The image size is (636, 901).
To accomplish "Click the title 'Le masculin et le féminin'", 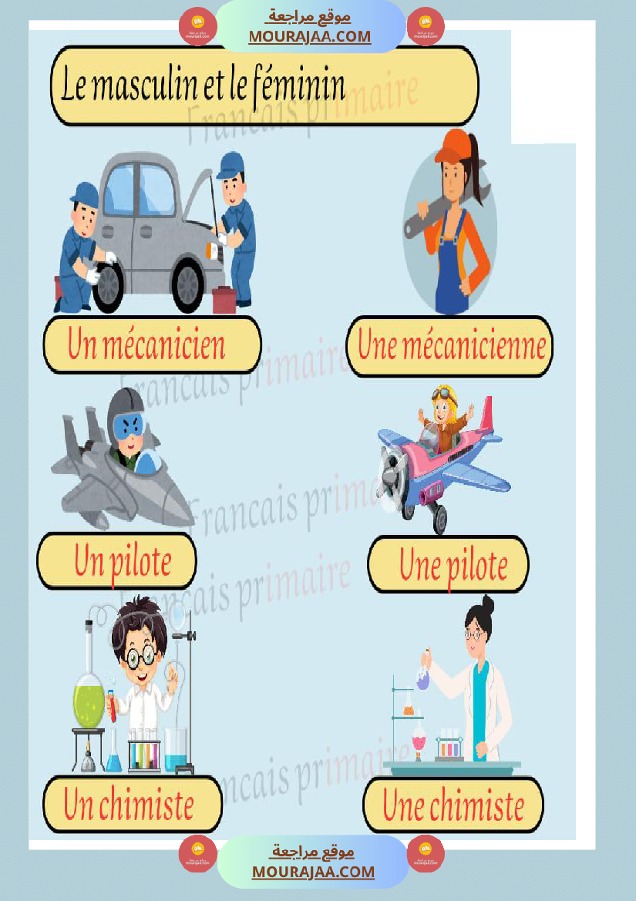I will point(204,86).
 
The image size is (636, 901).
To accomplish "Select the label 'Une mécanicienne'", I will point(451,346).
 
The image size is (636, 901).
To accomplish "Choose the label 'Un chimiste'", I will point(129,805).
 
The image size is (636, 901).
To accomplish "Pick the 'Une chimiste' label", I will point(453,806).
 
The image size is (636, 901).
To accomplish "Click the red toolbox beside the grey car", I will point(224,299).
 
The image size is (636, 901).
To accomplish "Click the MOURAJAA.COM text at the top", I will point(309,36).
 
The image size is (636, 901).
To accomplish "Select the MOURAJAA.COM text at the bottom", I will point(313,872).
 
